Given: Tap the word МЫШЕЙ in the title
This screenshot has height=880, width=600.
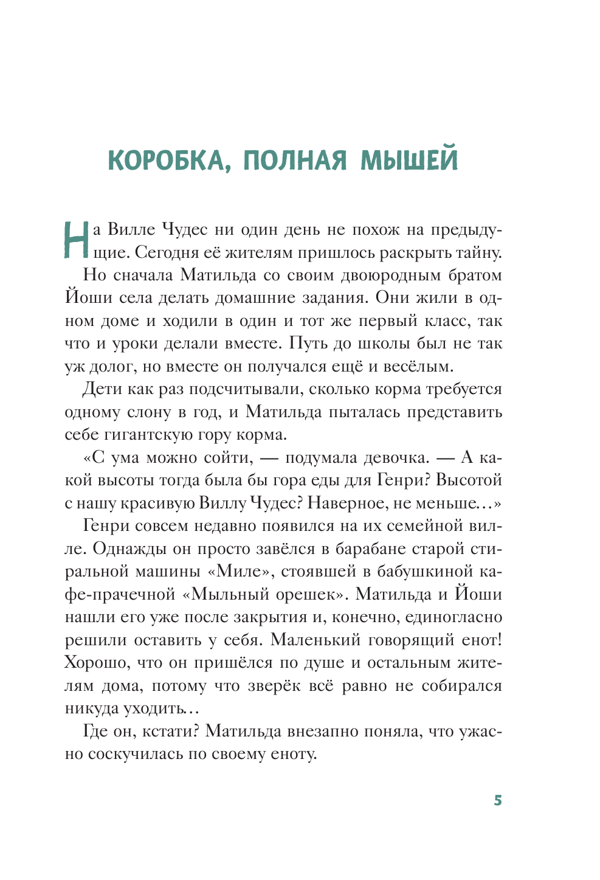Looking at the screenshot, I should coord(409,160).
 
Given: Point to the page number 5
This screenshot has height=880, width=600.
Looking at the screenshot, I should coord(498,800).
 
